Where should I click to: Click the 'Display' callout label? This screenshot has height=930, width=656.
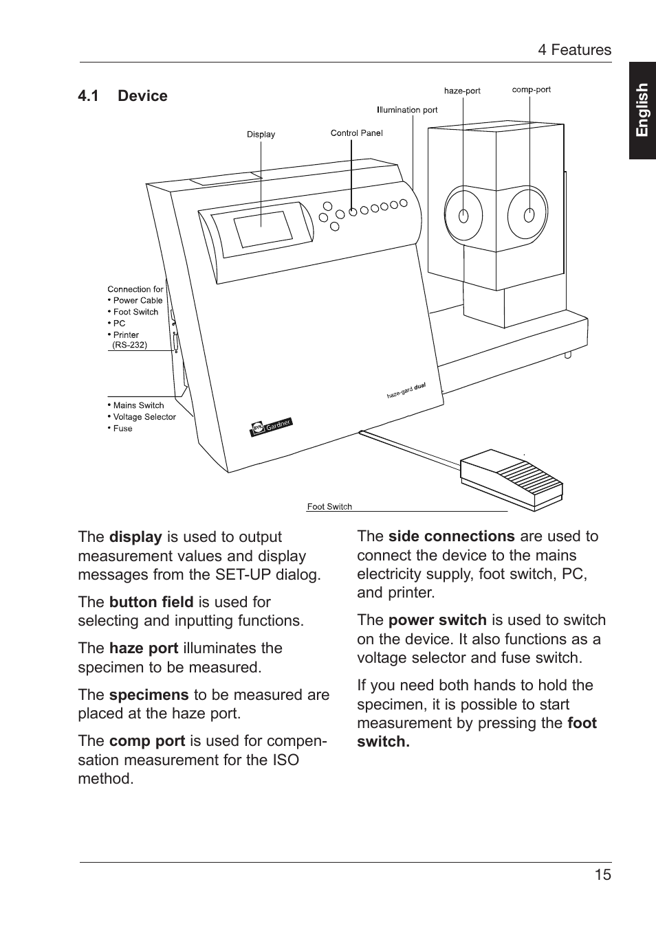pos(261,135)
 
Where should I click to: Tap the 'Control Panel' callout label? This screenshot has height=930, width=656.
pos(356,133)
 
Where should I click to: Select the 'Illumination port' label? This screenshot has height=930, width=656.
pos(407,110)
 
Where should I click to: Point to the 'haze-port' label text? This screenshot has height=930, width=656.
pos(462,91)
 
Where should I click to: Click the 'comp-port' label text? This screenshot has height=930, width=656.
pos(531,89)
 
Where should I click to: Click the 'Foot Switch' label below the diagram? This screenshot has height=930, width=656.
pos(329,507)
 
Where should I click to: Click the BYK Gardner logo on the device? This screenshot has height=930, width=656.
pos(272,427)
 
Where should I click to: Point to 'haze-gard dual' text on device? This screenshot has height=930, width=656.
pos(406,391)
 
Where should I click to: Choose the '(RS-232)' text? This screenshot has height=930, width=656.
pos(129,345)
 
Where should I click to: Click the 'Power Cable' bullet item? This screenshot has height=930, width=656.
pos(138,300)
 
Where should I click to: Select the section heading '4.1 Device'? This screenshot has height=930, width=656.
pos(122,96)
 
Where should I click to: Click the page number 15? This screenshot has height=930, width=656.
pos(602,874)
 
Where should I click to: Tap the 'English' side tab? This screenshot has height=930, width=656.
pos(642,111)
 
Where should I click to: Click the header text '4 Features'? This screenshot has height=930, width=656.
pos(574,50)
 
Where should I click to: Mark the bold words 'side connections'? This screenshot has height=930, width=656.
pos(451,536)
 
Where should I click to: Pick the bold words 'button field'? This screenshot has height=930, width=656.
pos(151,602)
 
